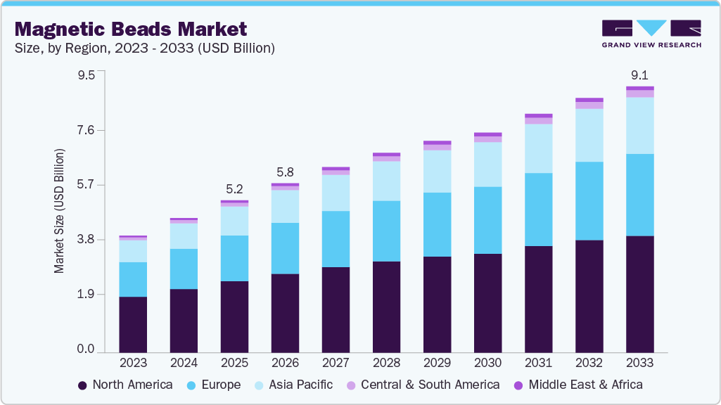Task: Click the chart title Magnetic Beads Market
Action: (x=131, y=29)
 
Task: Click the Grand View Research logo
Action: (x=651, y=34)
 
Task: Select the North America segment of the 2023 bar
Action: (x=133, y=324)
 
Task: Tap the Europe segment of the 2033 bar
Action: (x=639, y=195)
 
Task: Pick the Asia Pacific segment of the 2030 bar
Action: (x=487, y=165)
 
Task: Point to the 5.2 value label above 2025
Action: (x=234, y=188)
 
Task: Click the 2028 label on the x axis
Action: (x=386, y=363)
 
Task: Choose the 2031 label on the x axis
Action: (x=538, y=363)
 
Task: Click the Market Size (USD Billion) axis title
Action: (x=60, y=211)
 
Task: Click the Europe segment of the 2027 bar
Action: (x=336, y=239)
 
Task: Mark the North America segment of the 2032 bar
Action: (x=589, y=296)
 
